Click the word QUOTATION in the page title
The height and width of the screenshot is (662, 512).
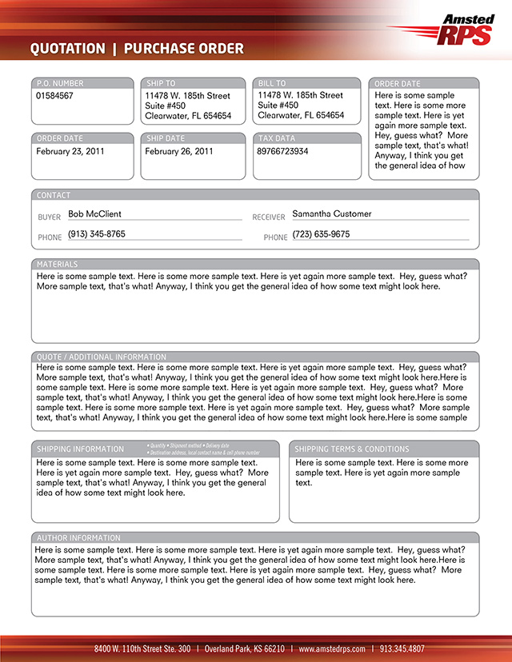(x=67, y=50)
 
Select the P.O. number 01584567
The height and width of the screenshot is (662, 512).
(x=54, y=96)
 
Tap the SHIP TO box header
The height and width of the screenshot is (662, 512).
(x=161, y=83)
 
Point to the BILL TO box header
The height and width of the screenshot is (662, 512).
(x=272, y=83)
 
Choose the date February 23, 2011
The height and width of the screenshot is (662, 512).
(x=70, y=151)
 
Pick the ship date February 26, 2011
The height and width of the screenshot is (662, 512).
(x=179, y=151)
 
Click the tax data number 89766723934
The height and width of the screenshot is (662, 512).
(x=282, y=151)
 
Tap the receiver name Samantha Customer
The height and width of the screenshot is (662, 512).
(x=331, y=214)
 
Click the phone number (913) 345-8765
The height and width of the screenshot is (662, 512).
(x=97, y=234)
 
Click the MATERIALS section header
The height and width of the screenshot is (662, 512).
(x=57, y=264)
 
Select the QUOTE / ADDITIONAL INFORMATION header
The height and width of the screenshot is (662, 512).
(x=101, y=357)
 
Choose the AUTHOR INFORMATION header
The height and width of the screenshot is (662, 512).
(x=78, y=538)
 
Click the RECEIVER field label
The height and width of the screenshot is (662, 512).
(x=268, y=217)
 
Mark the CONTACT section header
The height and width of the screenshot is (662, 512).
(x=54, y=195)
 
